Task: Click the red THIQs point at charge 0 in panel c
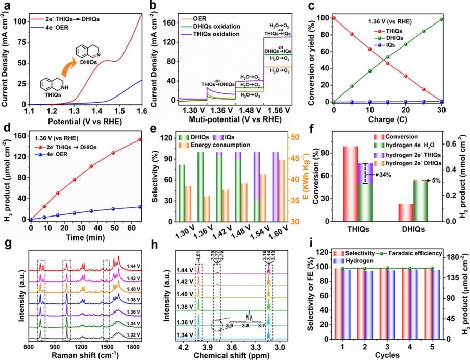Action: click(x=334, y=18)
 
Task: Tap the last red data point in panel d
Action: click(x=139, y=139)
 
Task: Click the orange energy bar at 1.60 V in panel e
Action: click(x=296, y=190)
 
